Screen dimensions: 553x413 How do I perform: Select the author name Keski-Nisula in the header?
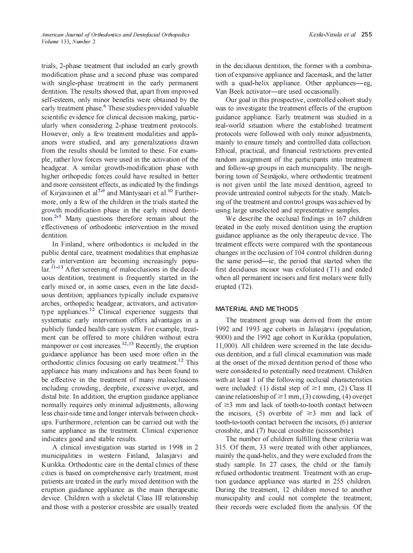coord(323,35)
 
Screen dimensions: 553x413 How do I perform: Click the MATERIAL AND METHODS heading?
coord(257,309)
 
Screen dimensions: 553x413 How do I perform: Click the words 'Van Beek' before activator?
coord(230,92)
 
